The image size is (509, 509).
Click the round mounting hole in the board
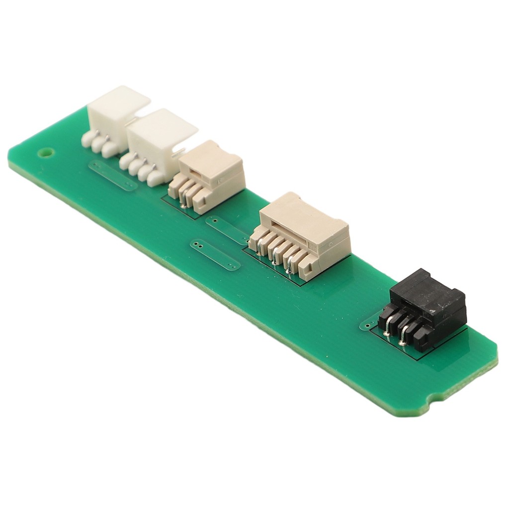[45, 153]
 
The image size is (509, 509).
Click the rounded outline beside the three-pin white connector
[112, 175]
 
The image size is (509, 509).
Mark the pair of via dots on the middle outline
[197, 244]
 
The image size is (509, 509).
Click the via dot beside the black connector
[367, 326]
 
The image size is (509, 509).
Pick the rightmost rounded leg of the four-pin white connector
[156, 178]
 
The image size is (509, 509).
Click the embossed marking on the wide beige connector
[313, 245]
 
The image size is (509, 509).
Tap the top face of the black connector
[427, 293]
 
